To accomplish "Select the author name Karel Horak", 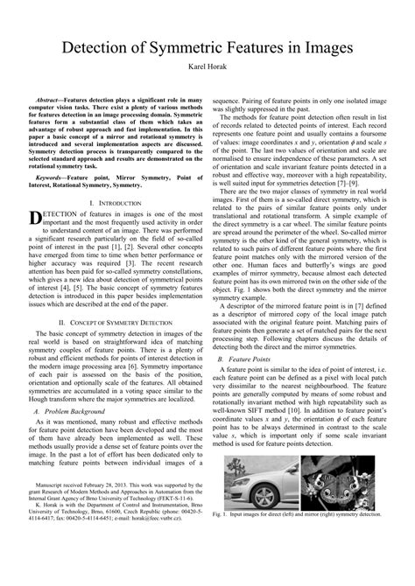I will pyautogui.click(x=207, y=66).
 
